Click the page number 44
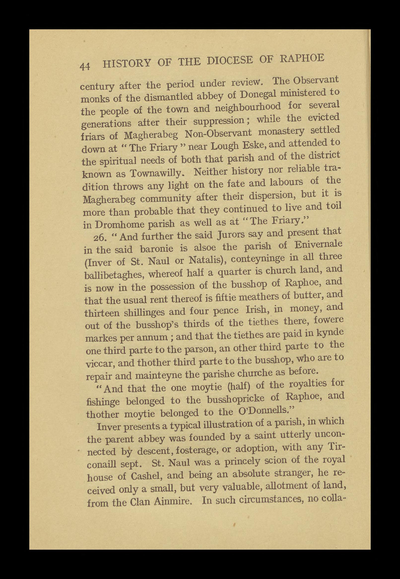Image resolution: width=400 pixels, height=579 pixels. pyautogui.click(x=85, y=66)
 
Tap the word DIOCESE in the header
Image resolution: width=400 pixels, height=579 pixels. pyautogui.click(x=230, y=61)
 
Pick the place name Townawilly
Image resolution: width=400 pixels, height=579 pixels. pyautogui.click(x=159, y=173)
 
